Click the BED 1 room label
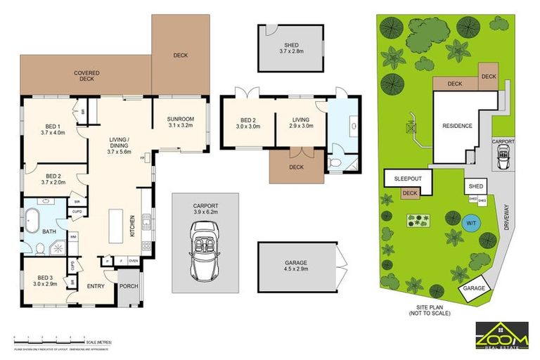pyautogui.click(x=53, y=129)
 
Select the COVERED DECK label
pyautogui.click(x=86, y=76)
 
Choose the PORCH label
pyautogui.click(x=129, y=285)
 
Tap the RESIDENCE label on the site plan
pyautogui.click(x=457, y=126)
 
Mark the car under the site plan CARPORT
pyautogui.click(x=503, y=160)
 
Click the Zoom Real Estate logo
pyautogui.click(x=502, y=335)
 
